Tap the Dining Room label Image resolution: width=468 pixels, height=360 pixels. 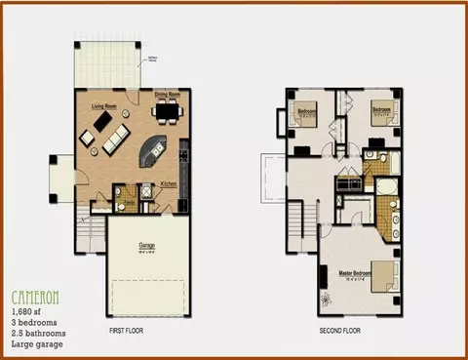(167, 94)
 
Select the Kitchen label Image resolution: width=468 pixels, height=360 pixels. (169, 183)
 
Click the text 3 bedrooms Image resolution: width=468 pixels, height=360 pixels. (32, 322)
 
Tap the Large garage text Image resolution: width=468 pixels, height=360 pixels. (35, 344)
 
